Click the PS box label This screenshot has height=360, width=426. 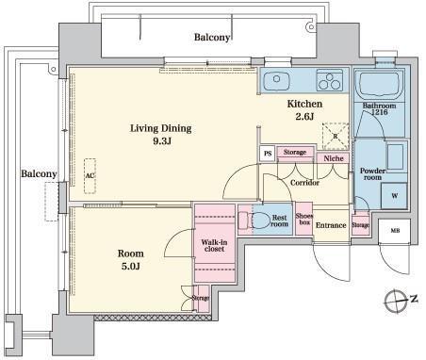point(268,154)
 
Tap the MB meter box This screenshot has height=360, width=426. point(394,231)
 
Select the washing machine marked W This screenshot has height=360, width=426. point(394,196)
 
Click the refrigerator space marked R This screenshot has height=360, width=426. point(336,136)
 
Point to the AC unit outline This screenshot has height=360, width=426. point(90,176)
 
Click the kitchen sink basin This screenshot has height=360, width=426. point(276,80)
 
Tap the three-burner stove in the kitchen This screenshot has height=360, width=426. point(329,80)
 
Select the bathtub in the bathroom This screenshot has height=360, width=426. point(380,84)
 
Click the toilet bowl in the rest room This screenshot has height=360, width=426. point(260,221)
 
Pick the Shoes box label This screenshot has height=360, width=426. point(304,219)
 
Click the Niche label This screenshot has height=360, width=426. point(334,158)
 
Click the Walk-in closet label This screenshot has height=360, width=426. point(214,246)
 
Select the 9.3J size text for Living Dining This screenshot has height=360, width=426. point(162,141)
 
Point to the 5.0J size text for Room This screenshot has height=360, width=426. point(130,267)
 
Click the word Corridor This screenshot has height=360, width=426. point(304,183)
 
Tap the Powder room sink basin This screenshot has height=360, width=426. point(395,156)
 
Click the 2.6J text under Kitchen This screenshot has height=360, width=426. point(304,117)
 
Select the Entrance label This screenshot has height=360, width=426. point(331,225)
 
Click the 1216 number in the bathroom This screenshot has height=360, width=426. point(380,112)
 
